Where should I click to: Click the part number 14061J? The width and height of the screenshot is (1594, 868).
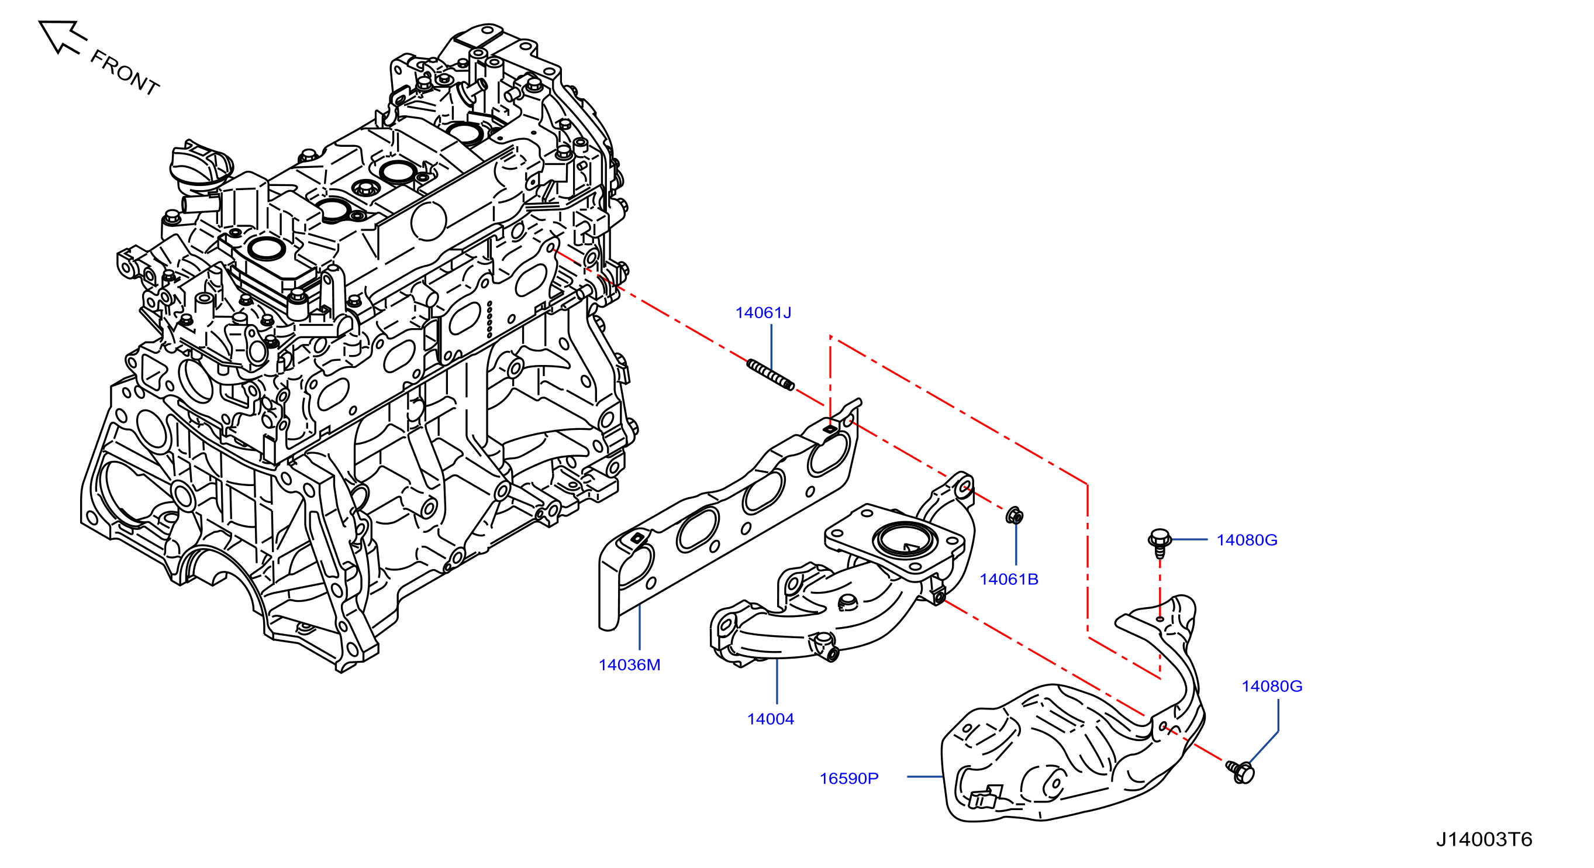763,313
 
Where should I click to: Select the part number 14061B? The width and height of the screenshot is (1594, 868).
1009,580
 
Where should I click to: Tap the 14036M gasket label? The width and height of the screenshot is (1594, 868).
629,665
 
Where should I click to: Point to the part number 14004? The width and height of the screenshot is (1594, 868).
770,719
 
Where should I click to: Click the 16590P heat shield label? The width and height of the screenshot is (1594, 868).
849,779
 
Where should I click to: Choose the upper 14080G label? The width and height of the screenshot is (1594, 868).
1247,540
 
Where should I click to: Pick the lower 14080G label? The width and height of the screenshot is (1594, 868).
1272,686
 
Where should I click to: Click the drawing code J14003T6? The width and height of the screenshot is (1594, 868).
1484,839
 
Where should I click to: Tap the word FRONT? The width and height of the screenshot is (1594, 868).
125,73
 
